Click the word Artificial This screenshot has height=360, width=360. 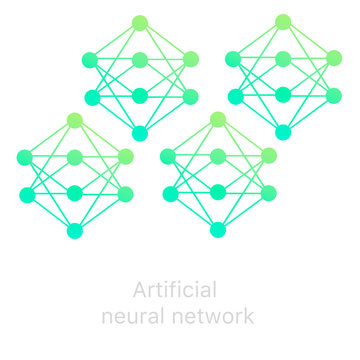point(175,291)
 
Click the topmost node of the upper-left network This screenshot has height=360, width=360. point(140,22)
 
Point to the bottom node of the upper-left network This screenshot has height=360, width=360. point(140,133)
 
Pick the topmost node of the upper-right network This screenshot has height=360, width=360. point(283,22)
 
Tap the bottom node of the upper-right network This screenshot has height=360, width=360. point(283,132)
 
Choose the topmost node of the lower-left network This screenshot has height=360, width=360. point(75,120)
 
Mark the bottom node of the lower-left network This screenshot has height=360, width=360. point(75,231)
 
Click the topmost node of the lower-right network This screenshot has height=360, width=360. point(218,120)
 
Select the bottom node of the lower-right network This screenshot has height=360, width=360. point(218,230)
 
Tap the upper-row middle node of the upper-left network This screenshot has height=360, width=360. point(140,60)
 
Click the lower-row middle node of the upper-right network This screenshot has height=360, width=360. point(283,95)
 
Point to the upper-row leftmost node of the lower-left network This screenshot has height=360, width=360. point(24,157)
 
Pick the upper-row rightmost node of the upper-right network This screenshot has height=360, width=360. point(334,59)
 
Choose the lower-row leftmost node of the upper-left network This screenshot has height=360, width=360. point(92,97)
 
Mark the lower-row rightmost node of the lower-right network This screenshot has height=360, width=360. point(269,193)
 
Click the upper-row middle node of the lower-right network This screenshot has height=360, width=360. point(218,157)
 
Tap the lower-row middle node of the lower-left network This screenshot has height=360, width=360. point(75,193)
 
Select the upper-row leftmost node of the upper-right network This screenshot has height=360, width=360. point(233,59)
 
